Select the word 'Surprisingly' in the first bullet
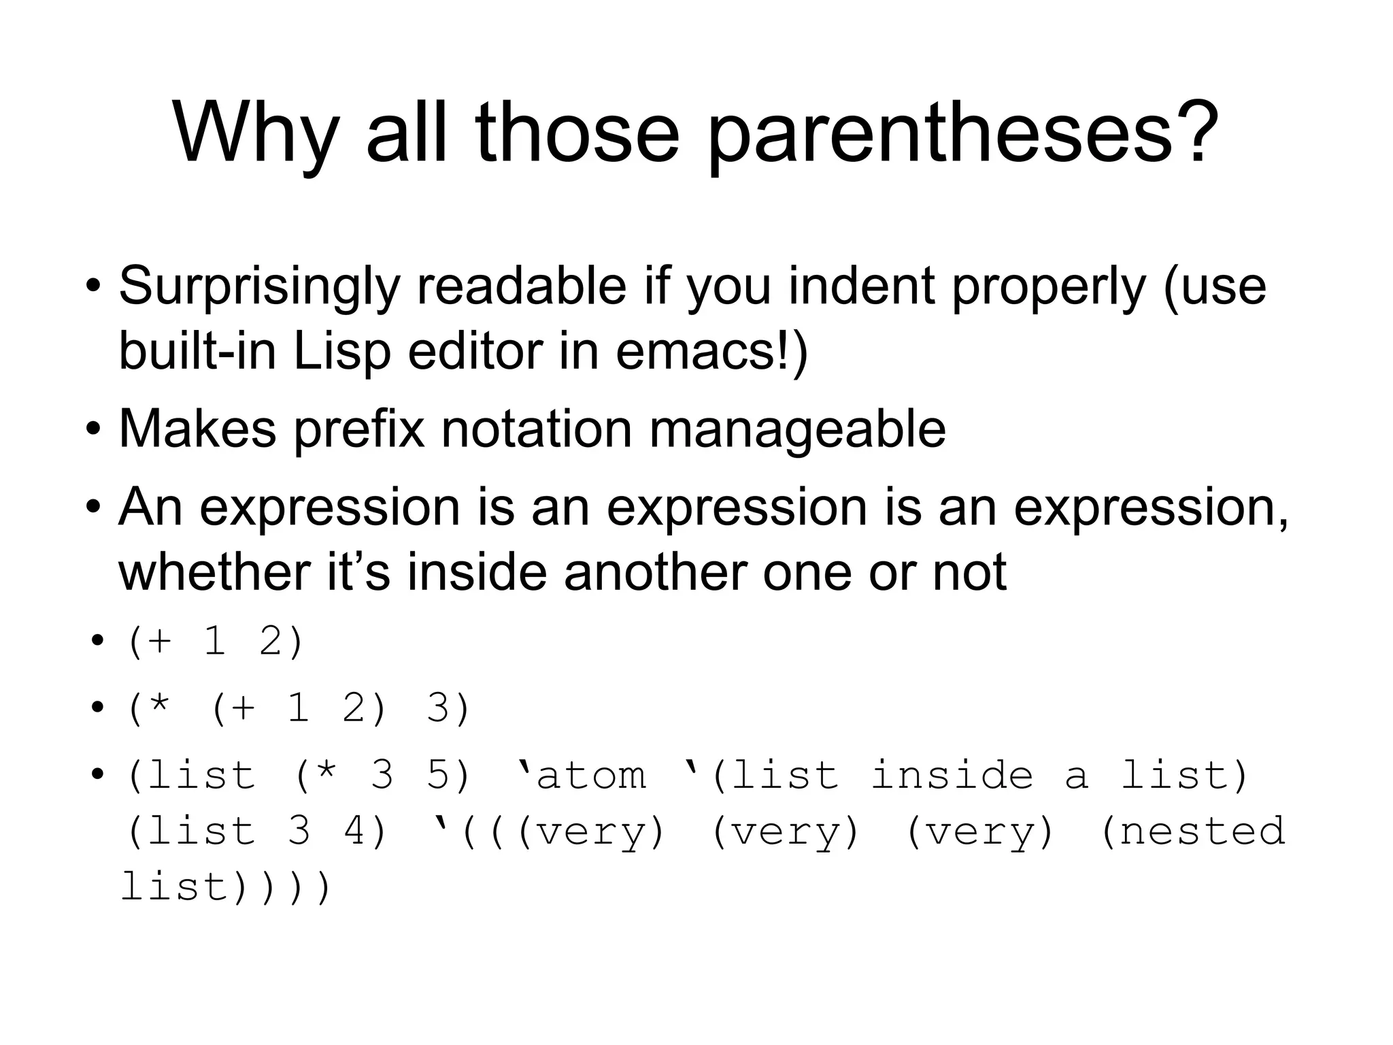coord(259,287)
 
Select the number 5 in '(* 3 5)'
coord(439,775)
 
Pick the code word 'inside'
coord(952,775)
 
